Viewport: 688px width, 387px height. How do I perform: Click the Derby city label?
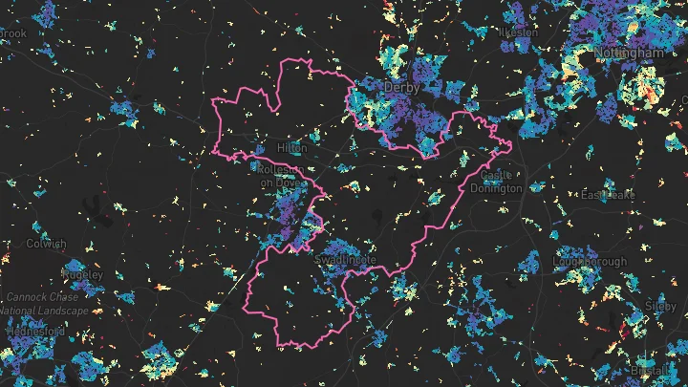401,87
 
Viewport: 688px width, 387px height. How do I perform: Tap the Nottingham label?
628,54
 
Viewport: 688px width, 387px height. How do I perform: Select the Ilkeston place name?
519,32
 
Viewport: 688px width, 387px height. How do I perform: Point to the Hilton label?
291,149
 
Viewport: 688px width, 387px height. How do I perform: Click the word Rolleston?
280,169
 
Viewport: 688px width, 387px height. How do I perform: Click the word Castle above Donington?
497,176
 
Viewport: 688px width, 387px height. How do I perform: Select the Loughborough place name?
590,262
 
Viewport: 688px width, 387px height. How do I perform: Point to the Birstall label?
650,369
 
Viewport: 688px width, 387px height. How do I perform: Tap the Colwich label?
47,244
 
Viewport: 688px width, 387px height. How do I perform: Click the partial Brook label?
12,33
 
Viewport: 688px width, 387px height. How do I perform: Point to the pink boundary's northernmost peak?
310,59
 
